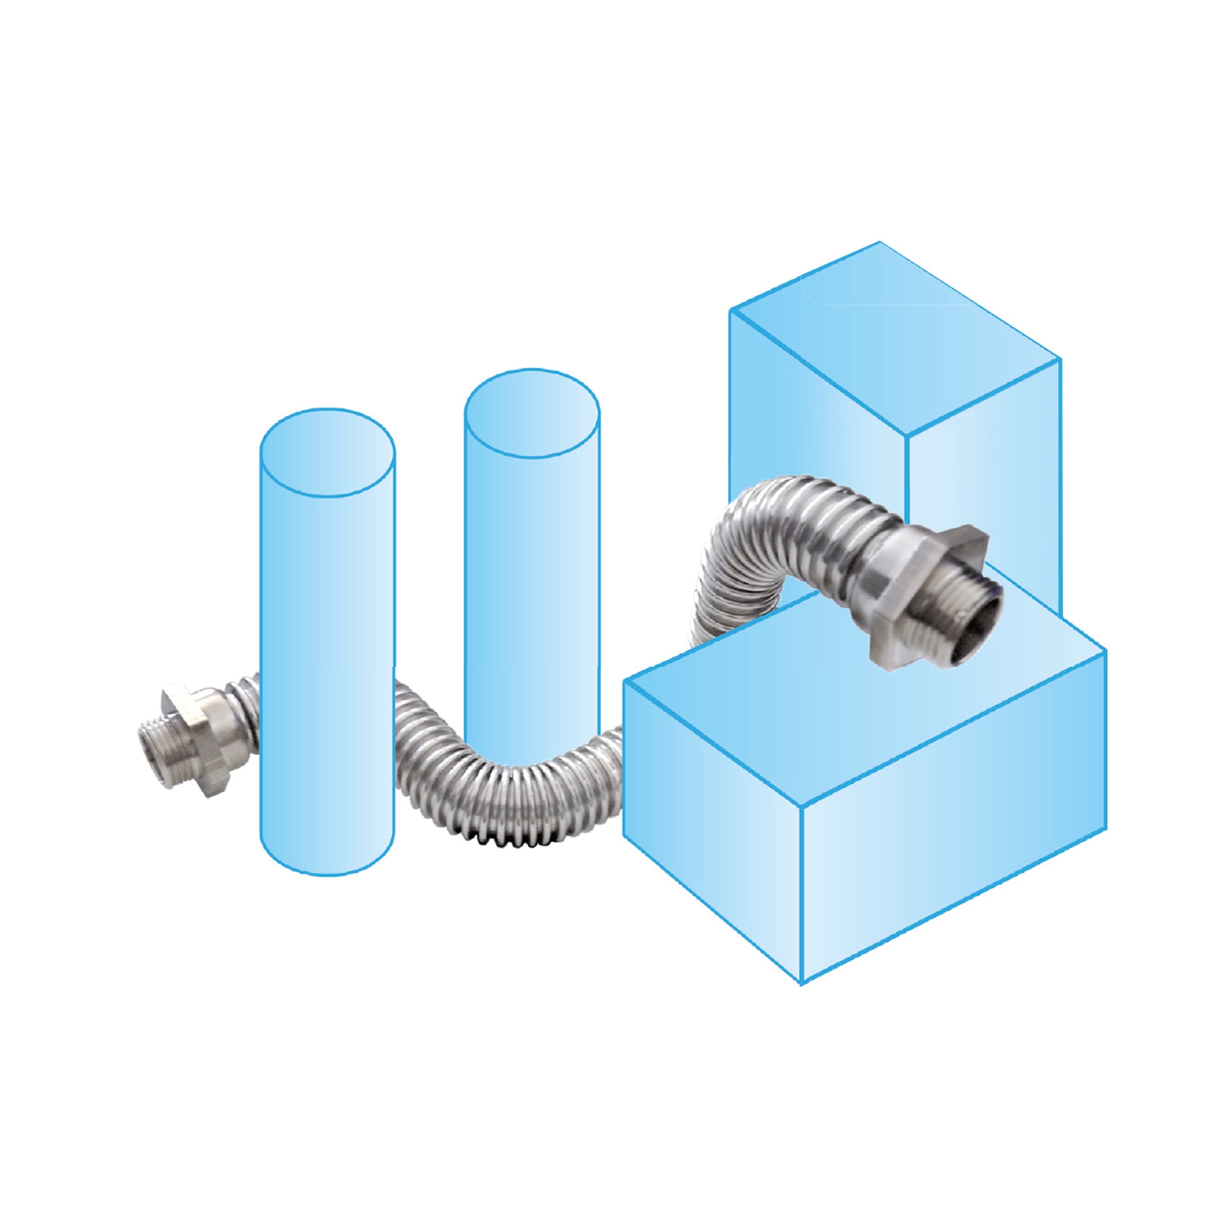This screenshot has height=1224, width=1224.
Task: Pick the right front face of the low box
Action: click(x=950, y=887)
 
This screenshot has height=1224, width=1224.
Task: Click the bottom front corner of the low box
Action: click(x=802, y=983)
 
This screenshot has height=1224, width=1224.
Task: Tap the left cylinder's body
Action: click(x=328, y=665)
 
